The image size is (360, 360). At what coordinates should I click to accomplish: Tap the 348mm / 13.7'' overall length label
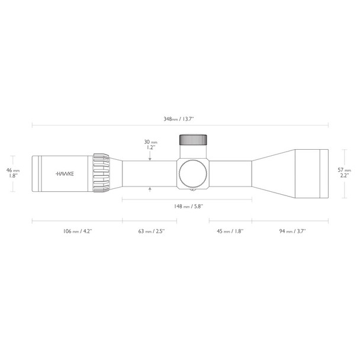point(179,119)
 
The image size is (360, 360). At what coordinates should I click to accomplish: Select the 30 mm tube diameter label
point(150,143)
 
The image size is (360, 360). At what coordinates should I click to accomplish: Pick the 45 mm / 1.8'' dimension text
point(230,232)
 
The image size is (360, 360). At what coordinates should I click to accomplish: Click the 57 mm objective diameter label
point(343,169)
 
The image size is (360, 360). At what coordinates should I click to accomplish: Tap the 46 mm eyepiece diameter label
point(17,169)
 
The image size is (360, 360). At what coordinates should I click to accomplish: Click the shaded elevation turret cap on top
point(194,140)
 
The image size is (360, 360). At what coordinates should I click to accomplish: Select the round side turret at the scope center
point(193,173)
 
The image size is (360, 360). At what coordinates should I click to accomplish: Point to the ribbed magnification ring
point(101,173)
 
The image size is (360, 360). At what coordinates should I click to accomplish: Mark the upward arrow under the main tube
point(150,189)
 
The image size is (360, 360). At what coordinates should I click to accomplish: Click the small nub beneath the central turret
point(193,191)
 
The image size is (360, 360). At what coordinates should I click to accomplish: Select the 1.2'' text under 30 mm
point(150,149)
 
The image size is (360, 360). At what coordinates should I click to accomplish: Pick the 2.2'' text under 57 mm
point(343,175)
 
